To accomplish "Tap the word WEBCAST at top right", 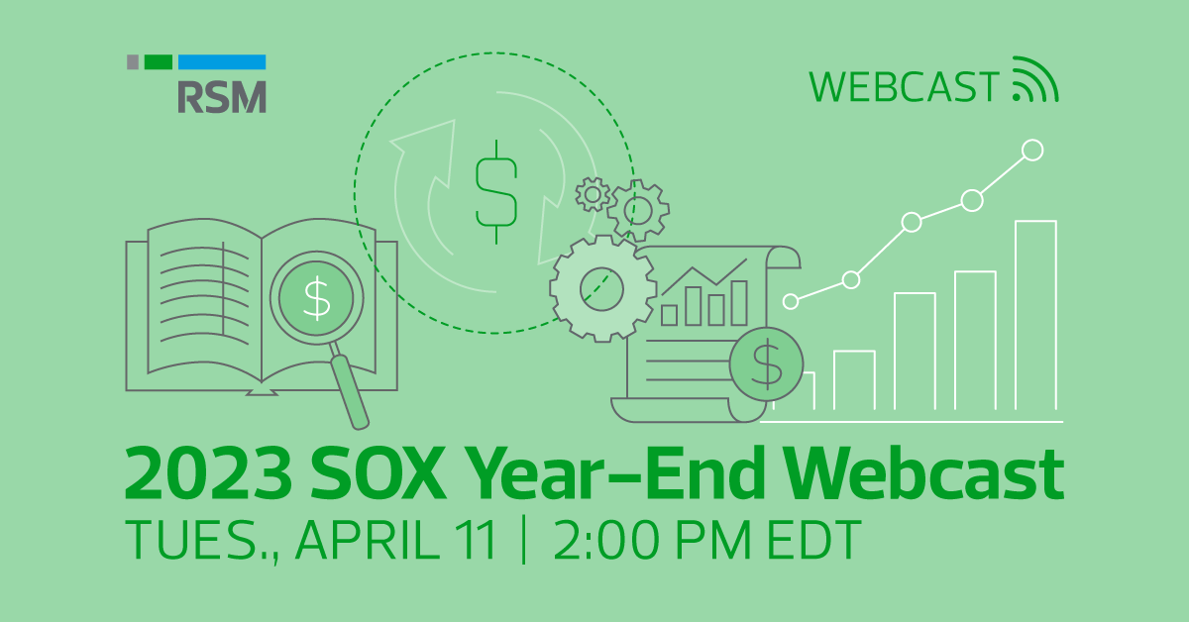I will pos(904,87).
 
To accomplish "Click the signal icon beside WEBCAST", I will pos(1034,80).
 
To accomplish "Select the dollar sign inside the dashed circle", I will pos(495,191).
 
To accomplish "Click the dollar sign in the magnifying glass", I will pos(317,300).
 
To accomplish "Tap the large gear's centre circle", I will pos(602,286).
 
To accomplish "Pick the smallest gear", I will pos(593,194).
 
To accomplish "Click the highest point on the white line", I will pos(1032,150).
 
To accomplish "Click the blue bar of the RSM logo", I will pos(222,61).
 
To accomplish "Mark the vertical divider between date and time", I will pos(523,541).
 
